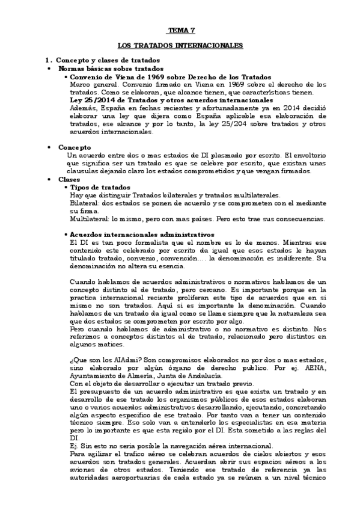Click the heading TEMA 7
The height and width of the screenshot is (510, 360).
(x=180, y=30)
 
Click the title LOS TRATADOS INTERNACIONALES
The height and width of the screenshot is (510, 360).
(x=180, y=45)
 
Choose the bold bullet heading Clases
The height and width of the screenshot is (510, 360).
(x=69, y=179)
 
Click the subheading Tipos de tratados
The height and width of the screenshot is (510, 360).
(x=100, y=188)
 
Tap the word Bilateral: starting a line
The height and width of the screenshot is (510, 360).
(x=83, y=204)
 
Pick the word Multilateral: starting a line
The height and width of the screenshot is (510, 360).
(x=88, y=219)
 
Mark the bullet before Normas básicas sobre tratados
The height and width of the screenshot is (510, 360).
(x=48, y=69)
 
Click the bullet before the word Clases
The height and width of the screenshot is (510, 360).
(x=48, y=179)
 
